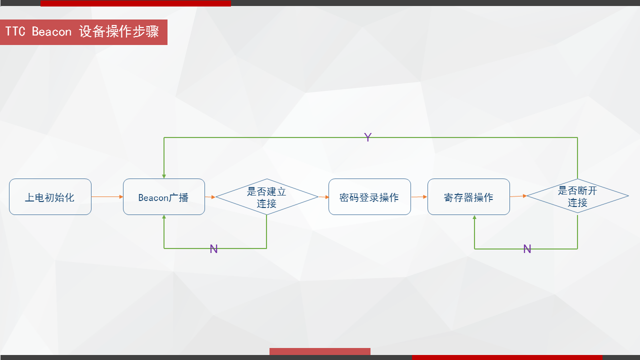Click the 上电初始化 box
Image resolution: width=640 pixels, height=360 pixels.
[50, 197]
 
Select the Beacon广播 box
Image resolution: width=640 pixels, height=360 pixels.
[164, 197]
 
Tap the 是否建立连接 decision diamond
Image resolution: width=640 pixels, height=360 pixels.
[267, 197]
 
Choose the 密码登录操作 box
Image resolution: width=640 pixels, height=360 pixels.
[369, 197]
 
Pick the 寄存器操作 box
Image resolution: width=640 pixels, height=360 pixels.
[468, 197]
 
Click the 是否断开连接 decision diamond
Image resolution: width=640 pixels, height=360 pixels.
[577, 196]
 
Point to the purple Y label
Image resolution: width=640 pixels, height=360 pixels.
[368, 137]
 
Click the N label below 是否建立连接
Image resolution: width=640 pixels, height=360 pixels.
[213, 249]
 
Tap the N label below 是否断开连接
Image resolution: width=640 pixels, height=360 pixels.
[527, 249]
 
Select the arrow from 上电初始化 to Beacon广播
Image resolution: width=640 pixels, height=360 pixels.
[107, 197]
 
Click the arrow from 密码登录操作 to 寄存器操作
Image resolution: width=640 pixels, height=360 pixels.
[419, 197]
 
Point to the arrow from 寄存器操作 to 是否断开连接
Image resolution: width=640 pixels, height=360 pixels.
[518, 196]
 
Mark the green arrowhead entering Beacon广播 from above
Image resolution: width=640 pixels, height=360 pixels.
[164, 176]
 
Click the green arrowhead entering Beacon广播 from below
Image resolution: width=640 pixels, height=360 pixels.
[164, 217]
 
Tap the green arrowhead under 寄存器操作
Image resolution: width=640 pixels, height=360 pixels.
[474, 217]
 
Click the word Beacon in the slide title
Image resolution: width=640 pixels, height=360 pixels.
[51, 31]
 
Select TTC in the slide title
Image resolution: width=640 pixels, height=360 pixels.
[15, 31]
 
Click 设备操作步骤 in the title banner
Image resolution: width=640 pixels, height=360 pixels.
[119, 31]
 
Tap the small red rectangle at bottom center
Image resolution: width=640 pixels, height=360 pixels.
[320, 351]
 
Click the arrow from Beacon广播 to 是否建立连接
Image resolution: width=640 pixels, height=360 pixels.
[210, 197]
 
